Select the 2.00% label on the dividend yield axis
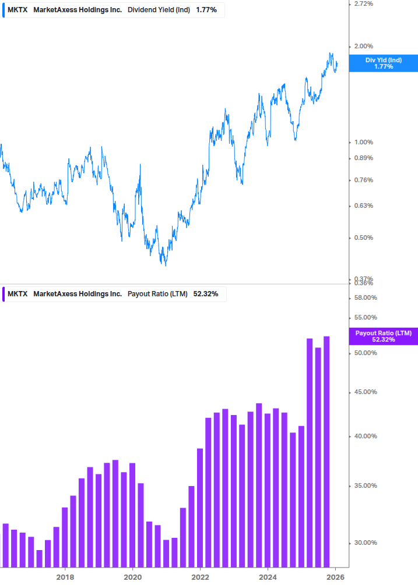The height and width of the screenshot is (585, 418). click(x=364, y=47)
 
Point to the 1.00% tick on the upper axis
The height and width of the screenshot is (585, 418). click(x=364, y=143)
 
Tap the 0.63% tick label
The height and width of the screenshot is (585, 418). click(x=364, y=205)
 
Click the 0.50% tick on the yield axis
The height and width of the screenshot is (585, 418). click(x=364, y=237)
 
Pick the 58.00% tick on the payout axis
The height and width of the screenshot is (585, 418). click(x=366, y=298)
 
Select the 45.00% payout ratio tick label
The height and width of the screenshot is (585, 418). click(x=366, y=392)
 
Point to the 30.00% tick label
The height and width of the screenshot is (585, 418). click(x=366, y=543)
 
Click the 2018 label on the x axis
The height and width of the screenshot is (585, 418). click(x=65, y=576)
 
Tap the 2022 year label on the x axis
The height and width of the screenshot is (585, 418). click(x=200, y=576)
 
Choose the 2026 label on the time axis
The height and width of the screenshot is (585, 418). click(x=335, y=576)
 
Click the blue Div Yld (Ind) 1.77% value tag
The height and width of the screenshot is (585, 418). click(x=383, y=63)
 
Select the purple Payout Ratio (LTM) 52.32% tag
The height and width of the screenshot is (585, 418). click(x=383, y=336)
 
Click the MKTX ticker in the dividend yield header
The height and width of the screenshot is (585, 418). click(x=17, y=9)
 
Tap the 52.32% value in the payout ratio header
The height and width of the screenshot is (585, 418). click(x=205, y=294)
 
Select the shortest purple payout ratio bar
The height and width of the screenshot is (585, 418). click(x=40, y=558)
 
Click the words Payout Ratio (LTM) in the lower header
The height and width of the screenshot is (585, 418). click(x=157, y=294)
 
